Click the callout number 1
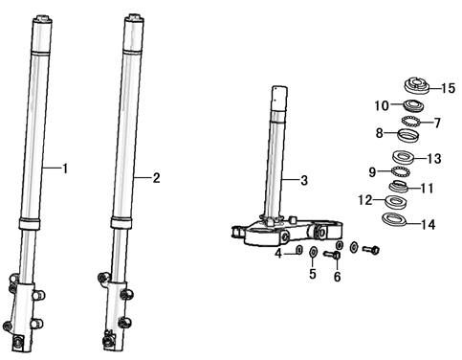click(65, 169)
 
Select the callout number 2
click(156, 178)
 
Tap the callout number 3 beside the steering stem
click(304, 180)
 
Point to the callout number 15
click(449, 88)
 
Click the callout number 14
click(429, 225)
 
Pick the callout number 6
click(338, 277)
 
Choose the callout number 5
click(313, 274)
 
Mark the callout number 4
click(278, 254)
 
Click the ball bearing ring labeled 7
click(410, 122)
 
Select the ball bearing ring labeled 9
click(401, 171)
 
